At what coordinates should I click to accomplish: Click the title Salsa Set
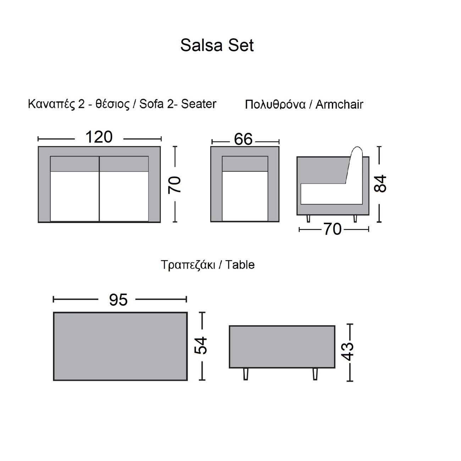tap(217, 45)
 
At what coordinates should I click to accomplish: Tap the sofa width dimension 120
tap(99, 137)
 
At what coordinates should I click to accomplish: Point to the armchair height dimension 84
tap(380, 183)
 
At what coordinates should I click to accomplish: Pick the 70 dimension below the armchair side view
tap(333, 229)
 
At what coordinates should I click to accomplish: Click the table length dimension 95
tap(118, 300)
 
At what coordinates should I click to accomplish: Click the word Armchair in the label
tap(339, 104)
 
